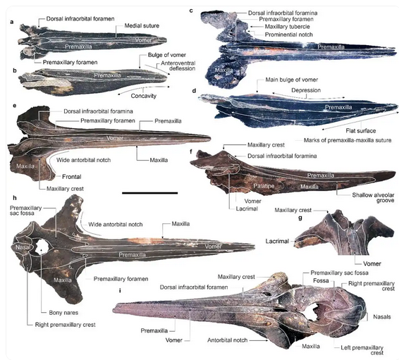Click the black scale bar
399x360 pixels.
coord(149,193)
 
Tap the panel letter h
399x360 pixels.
coord(15,198)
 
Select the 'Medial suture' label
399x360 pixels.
coord(142,25)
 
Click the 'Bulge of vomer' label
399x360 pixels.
coord(167,55)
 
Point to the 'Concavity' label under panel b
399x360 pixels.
coord(144,96)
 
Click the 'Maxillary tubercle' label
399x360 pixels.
coord(288,27)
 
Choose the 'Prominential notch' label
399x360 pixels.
coord(289,35)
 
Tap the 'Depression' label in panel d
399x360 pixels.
coord(306,90)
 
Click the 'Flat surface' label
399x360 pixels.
coord(360,130)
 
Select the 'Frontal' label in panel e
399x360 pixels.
coord(72,177)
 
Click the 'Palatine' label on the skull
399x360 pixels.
coord(264,186)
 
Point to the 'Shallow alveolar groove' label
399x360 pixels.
coord(373,198)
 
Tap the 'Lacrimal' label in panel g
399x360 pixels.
coord(277,241)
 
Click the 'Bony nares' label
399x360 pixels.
coord(63,313)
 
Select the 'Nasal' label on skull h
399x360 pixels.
coord(23,247)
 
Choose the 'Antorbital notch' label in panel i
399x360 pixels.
coord(227,340)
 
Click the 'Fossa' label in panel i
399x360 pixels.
coord(321,280)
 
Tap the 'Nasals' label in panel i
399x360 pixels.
coord(381,317)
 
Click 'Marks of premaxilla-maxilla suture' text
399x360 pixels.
coord(348,140)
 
